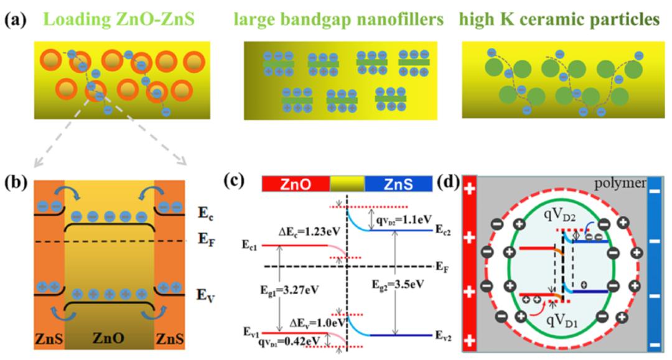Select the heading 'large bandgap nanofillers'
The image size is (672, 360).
tap(338, 20)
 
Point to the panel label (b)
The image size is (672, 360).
tap(15, 184)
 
